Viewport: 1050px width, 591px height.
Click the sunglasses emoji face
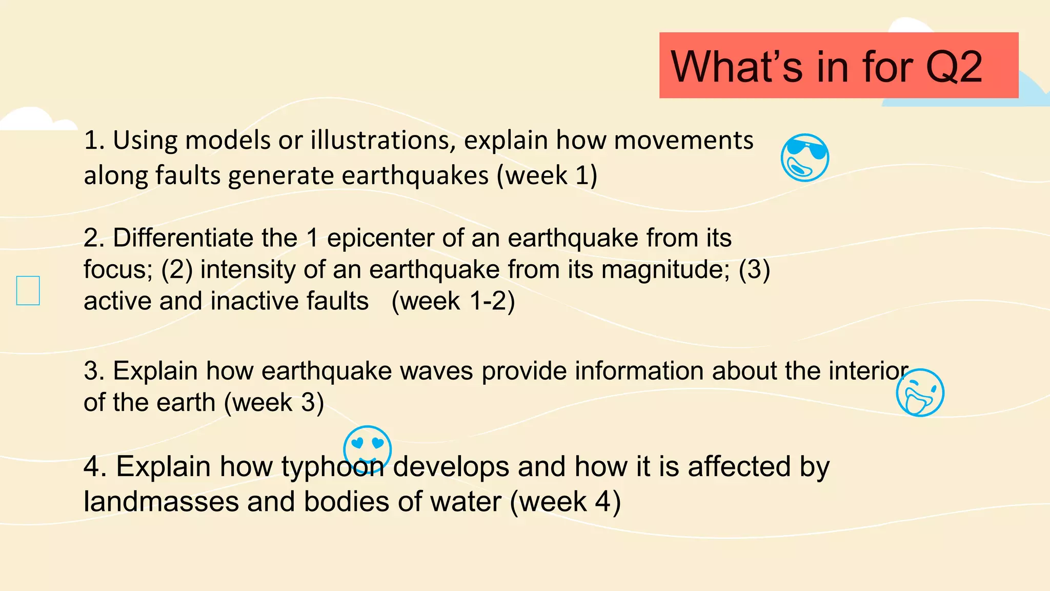(x=804, y=157)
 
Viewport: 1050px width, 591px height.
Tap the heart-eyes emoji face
(x=367, y=448)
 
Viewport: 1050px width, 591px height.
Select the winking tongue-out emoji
(x=920, y=392)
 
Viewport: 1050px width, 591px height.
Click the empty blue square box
(x=28, y=290)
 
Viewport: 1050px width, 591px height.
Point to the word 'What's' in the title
(x=736, y=67)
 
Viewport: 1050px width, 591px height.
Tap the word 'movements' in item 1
(x=684, y=140)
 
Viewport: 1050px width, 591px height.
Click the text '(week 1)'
(x=547, y=175)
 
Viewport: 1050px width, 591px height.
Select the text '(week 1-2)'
(x=453, y=301)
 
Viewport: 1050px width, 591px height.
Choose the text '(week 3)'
(x=274, y=403)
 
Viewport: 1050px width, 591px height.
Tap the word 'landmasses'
(x=161, y=502)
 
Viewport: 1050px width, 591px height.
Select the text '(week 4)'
(x=565, y=502)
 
